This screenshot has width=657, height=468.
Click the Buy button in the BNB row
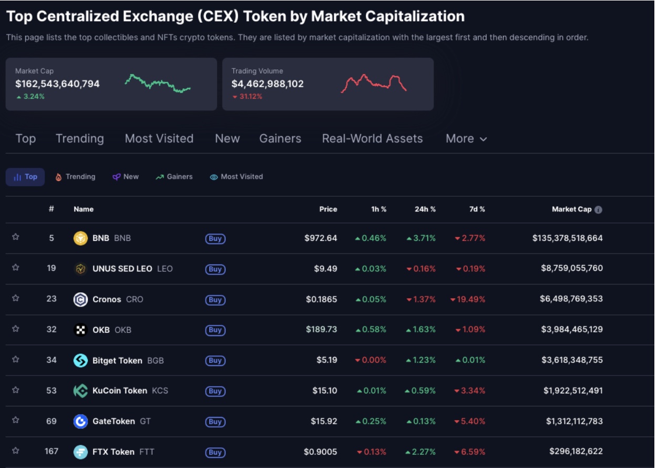pos(215,239)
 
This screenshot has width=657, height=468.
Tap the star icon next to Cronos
pos(16,298)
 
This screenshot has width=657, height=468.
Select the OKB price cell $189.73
pos(321,330)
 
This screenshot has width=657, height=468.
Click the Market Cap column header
pos(571,209)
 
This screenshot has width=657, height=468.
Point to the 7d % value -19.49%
pos(468,299)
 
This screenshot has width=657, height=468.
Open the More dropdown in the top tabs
pos(466,139)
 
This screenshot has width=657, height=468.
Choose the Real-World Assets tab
pos(372,139)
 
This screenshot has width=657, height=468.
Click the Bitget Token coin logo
pos(80,361)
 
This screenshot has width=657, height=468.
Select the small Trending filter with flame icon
pos(76,177)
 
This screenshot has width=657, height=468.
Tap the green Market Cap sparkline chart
pos(158,83)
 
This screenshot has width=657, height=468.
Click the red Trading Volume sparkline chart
pos(374,83)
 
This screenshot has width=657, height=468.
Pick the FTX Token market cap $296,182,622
pos(576,451)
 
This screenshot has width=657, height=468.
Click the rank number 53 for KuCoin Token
pos(52,391)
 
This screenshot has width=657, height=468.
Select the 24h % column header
pos(425,209)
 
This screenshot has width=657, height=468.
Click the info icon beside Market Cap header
pos(598,210)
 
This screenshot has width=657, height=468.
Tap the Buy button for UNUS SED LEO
pos(215,269)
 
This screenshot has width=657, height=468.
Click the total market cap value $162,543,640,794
pos(57,84)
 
